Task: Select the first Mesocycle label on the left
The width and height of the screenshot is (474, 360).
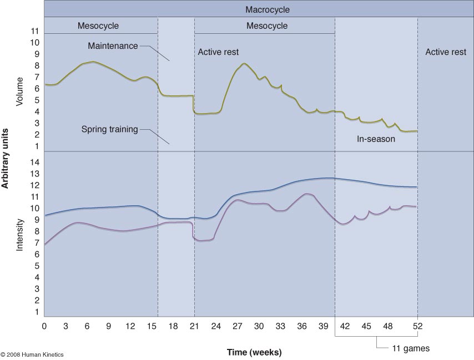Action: [x=98, y=26]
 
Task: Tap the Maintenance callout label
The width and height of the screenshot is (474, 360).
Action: [x=113, y=46]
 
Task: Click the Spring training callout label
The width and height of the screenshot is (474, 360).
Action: [x=109, y=129]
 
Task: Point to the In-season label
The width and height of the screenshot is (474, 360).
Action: [x=376, y=139]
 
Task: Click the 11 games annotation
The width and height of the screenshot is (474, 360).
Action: [x=411, y=349]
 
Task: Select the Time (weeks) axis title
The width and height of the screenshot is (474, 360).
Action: [x=254, y=352]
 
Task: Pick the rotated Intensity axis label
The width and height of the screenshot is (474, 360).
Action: [x=20, y=235]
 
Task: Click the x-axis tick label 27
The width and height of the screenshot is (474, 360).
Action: [x=238, y=326]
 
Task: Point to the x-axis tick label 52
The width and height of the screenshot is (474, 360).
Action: [x=417, y=326]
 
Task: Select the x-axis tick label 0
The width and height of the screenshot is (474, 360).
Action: [x=44, y=326]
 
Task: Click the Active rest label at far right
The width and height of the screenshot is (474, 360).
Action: [x=446, y=52]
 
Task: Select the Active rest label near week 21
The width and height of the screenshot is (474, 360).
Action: [x=218, y=52]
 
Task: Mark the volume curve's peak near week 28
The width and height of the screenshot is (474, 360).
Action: [x=244, y=63]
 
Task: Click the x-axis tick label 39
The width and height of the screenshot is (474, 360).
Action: [x=324, y=326]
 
